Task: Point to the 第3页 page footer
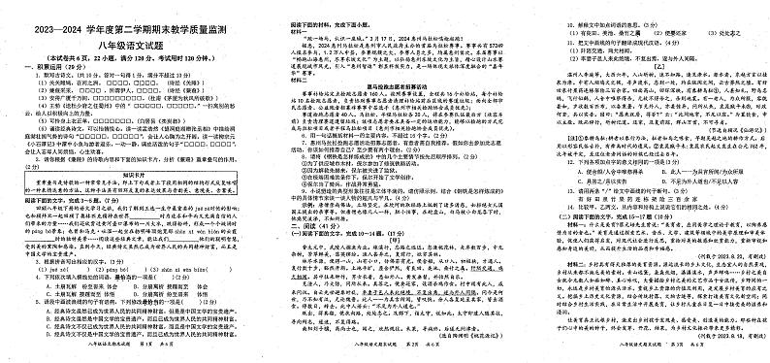point(639,357)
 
